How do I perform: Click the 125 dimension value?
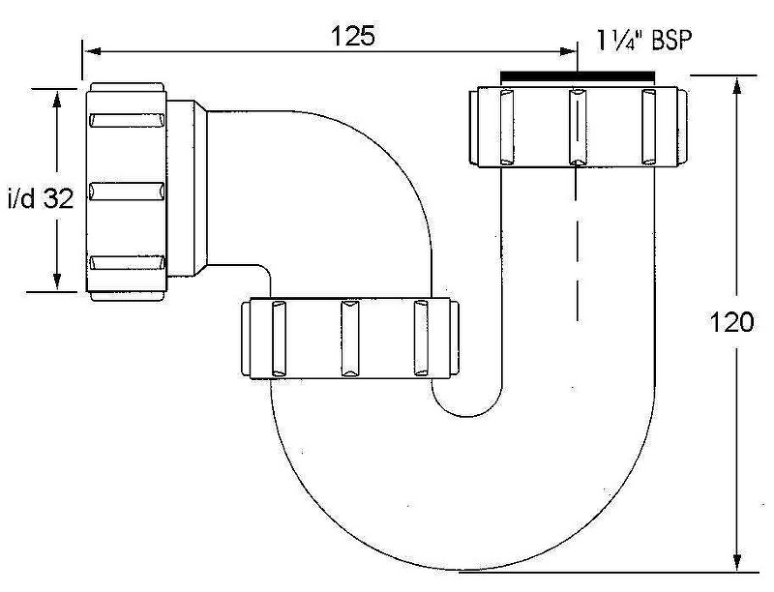click(354, 36)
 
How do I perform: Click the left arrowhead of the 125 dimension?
click(90, 50)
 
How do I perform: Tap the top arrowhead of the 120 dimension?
click(738, 83)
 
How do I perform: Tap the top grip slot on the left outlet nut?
click(126, 121)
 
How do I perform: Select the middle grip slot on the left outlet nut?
click(126, 191)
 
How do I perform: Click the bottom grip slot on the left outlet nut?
click(126, 262)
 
